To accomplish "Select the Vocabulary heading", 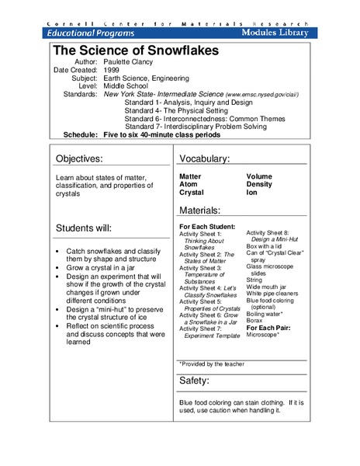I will pyautogui.click(x=205, y=159).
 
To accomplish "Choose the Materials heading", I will pyautogui.click(x=200, y=210).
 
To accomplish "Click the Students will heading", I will pyautogui.click(x=83, y=228).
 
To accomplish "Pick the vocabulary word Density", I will pyautogui.click(x=260, y=184).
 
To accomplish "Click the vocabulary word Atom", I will pyautogui.click(x=189, y=184).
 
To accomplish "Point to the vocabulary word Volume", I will pyautogui.click(x=260, y=176).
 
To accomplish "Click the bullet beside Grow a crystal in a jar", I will pyautogui.click(x=60, y=267).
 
